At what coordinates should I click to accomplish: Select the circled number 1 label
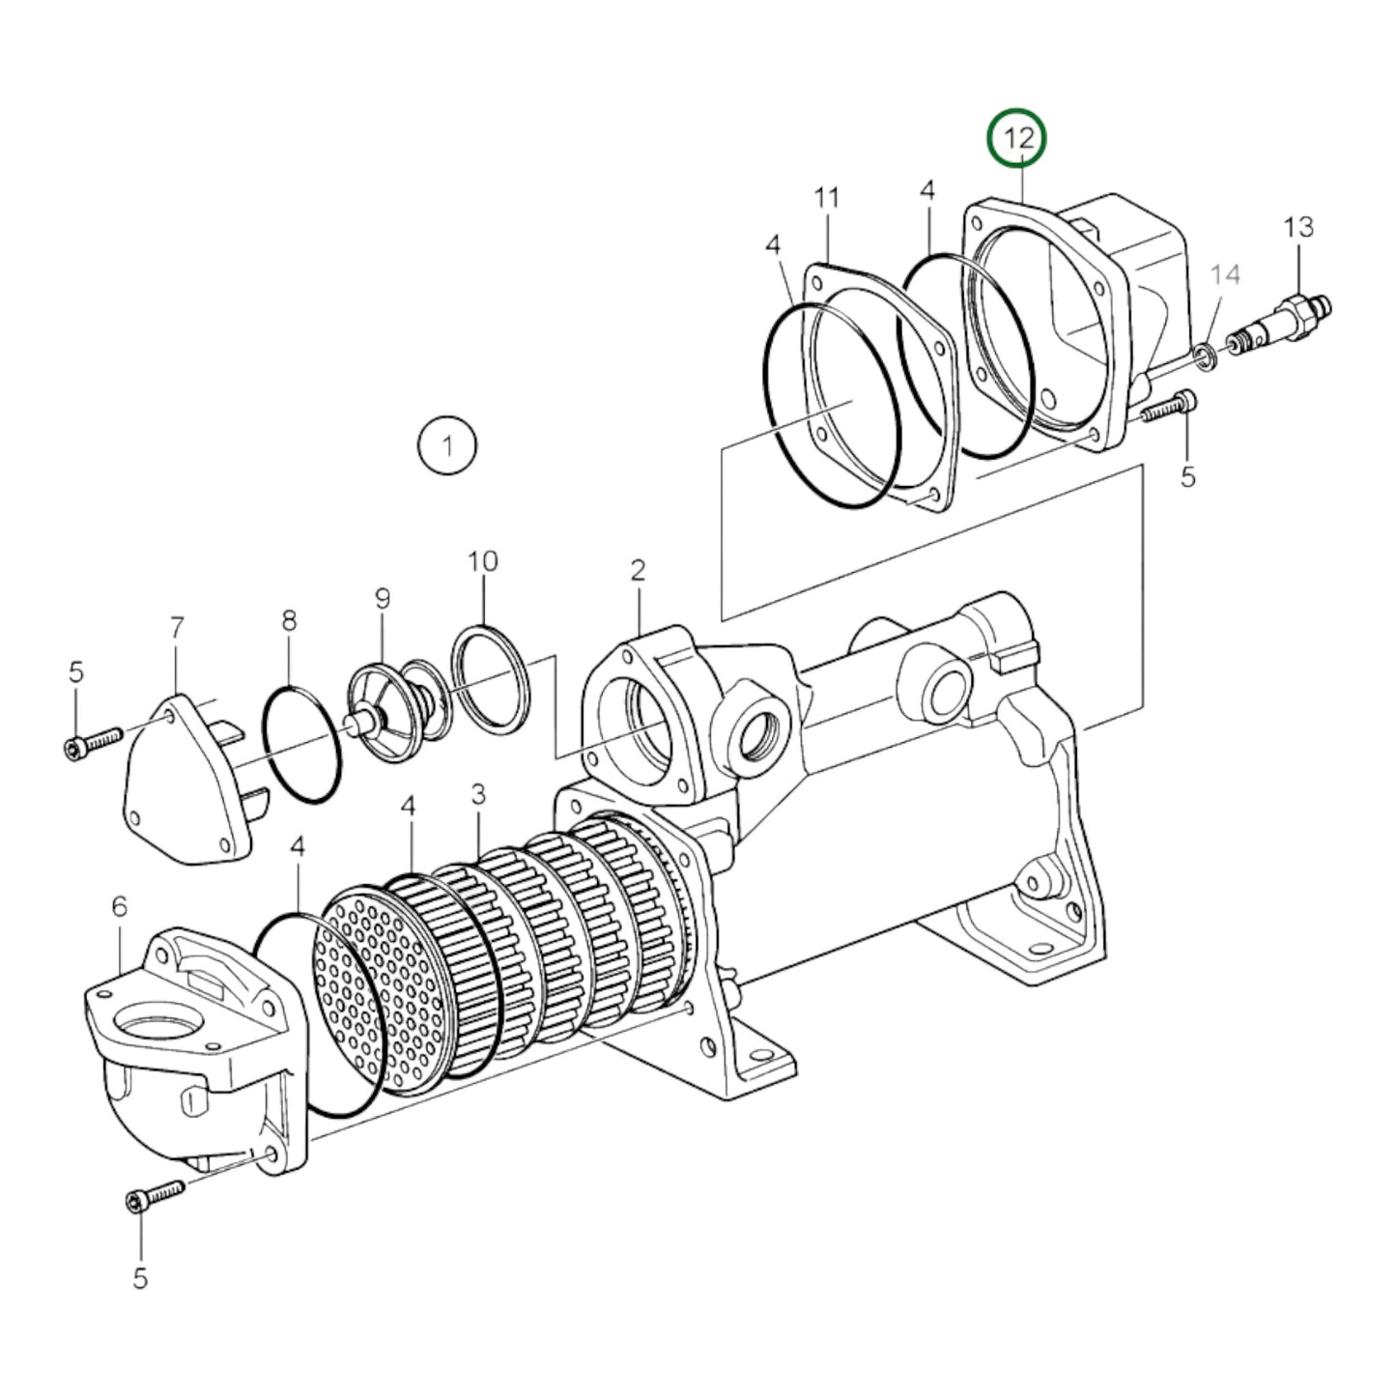click(446, 446)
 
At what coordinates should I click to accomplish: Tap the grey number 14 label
click(1224, 275)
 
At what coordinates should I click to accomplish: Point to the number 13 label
click(1298, 227)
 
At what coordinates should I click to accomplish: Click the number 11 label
click(827, 198)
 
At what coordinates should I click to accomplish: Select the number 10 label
click(483, 561)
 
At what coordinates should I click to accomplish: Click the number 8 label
click(289, 621)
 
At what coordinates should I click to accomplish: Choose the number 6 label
click(119, 906)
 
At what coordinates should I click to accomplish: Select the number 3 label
click(478, 794)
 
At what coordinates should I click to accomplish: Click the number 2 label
click(638, 570)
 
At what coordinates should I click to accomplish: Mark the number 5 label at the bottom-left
click(141, 1278)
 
